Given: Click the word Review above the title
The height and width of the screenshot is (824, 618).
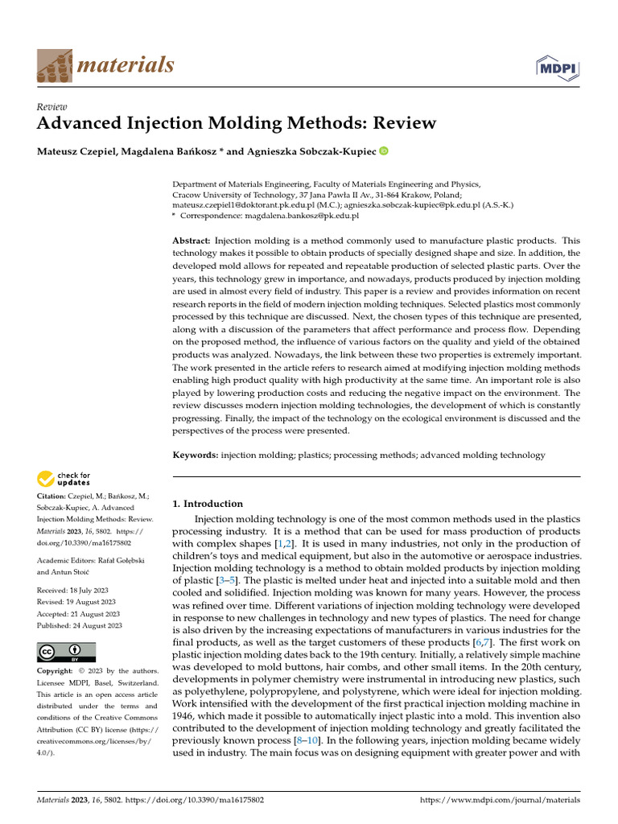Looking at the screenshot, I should [x=52, y=107].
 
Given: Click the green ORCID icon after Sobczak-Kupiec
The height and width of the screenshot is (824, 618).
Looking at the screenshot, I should [x=383, y=150].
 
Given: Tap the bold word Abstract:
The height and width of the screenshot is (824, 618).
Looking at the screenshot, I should [x=192, y=241].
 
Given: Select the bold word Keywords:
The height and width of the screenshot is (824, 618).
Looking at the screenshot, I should [x=196, y=455].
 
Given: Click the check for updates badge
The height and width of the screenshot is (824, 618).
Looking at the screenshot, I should [x=64, y=480].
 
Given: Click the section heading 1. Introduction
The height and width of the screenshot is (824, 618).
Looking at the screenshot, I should [x=208, y=504].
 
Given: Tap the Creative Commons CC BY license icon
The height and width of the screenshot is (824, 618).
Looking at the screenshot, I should [x=66, y=652].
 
